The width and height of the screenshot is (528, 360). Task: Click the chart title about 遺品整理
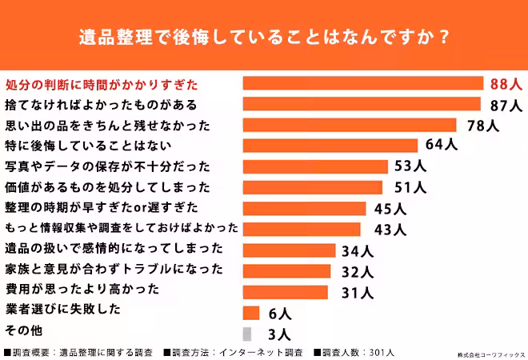click(263, 38)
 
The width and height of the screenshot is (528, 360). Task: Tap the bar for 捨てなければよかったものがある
click(361, 104)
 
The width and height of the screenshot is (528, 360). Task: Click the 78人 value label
click(482, 125)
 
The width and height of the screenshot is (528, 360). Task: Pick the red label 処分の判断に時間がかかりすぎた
click(102, 83)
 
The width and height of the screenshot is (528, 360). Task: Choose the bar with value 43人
click(304, 230)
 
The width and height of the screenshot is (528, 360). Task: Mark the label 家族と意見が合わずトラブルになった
click(113, 270)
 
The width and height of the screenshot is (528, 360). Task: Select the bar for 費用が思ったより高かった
click(285, 291)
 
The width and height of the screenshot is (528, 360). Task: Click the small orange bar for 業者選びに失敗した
click(250, 313)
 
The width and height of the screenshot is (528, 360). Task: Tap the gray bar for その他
click(246, 334)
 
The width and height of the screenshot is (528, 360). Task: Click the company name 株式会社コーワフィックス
click(491, 353)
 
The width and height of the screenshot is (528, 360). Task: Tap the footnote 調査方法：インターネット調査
click(233, 352)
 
